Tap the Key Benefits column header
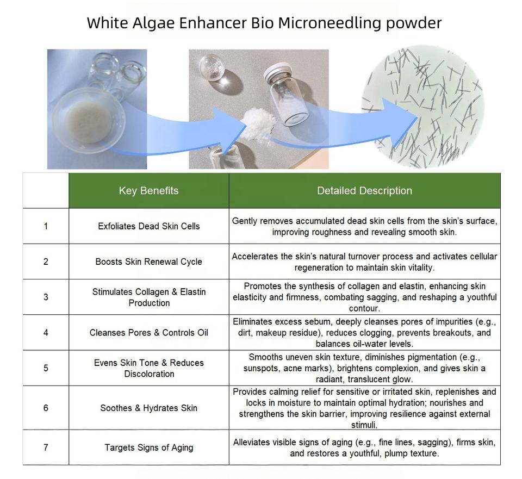pos(149,191)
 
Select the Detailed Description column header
pos(364,191)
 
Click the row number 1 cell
pos(46,226)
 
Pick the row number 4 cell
pos(46,333)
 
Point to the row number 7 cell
pos(46,447)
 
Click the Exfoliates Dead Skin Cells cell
pos(149,226)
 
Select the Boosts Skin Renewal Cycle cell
pos(149,262)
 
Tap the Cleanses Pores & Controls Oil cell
pos(149,333)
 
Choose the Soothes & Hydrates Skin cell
pos(149,408)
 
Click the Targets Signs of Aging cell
pos(149,447)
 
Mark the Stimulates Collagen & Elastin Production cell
pos(149,297)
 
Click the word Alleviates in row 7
pos(252,443)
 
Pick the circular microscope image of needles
pos(423,106)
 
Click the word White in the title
pos(107,23)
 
